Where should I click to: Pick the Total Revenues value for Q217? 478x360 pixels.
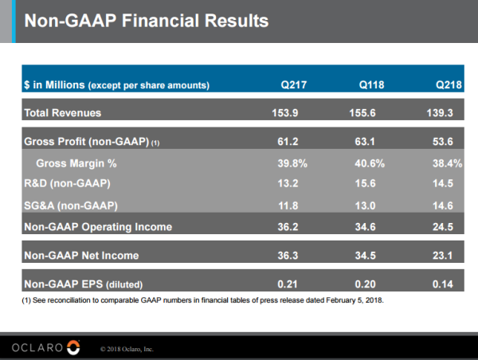(284, 112)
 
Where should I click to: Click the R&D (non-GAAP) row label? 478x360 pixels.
(67, 184)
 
